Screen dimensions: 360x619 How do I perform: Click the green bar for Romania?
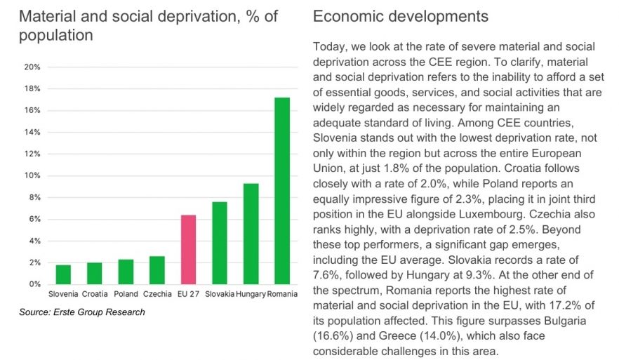pos(281,191)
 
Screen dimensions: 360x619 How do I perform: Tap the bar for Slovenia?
pos(63,274)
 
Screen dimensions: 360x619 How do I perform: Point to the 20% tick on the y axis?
pos(32,67)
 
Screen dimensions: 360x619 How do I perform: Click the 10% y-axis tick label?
pos(32,176)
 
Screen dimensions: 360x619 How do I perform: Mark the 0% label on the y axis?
pos(34,284)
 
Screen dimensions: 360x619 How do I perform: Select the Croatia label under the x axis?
pos(94,293)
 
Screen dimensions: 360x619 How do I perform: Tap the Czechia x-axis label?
pos(157,293)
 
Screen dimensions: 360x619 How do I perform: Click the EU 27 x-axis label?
pos(188,293)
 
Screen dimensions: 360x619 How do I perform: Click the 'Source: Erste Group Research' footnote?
pos(82,312)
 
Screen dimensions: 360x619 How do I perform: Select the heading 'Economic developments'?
pos(401,15)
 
